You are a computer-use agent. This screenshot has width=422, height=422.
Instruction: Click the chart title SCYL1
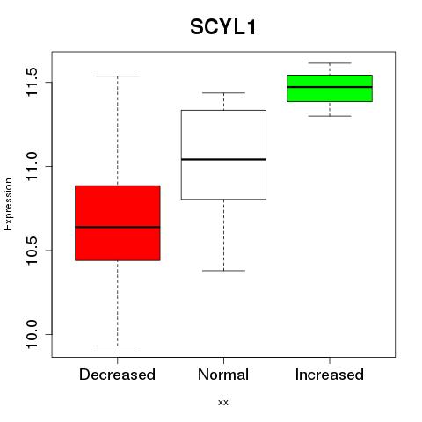pyautogui.click(x=223, y=27)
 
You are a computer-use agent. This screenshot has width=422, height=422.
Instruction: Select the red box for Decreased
pyautogui.click(x=118, y=223)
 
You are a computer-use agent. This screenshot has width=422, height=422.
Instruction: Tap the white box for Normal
pyautogui.click(x=223, y=155)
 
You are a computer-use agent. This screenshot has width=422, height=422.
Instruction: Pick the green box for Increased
pyautogui.click(x=330, y=89)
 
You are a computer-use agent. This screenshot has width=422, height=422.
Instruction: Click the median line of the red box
pyautogui.click(x=118, y=227)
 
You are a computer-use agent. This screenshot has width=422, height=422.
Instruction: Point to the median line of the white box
pyautogui.click(x=223, y=159)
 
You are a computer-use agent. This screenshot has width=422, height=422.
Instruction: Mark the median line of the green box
pyautogui.click(x=330, y=87)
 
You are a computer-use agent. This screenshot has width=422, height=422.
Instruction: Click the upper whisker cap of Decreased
pyautogui.click(x=118, y=76)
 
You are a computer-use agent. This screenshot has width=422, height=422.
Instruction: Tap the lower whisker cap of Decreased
pyautogui.click(x=118, y=346)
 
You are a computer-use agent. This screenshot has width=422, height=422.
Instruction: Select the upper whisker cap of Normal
pyautogui.click(x=223, y=93)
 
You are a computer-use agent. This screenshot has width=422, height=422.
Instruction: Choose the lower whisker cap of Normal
pyautogui.click(x=223, y=271)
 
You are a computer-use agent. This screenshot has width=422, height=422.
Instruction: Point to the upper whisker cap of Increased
pyautogui.click(x=330, y=63)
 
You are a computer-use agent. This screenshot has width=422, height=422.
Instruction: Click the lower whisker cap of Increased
pyautogui.click(x=330, y=116)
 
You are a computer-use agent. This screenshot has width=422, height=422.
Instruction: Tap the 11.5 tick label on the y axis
pyautogui.click(x=32, y=82)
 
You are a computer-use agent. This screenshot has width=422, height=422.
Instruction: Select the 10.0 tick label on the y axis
pyautogui.click(x=32, y=334)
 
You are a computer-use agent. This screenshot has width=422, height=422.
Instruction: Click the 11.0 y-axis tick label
pyautogui.click(x=32, y=166)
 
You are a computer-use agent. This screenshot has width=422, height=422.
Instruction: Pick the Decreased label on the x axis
pyautogui.click(x=117, y=375)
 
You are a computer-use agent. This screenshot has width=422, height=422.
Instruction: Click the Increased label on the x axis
pyautogui.click(x=330, y=375)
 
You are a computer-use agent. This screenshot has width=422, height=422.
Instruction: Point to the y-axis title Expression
pyautogui.click(x=8, y=204)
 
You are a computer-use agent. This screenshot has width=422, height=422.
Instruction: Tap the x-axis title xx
pyautogui.click(x=223, y=403)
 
